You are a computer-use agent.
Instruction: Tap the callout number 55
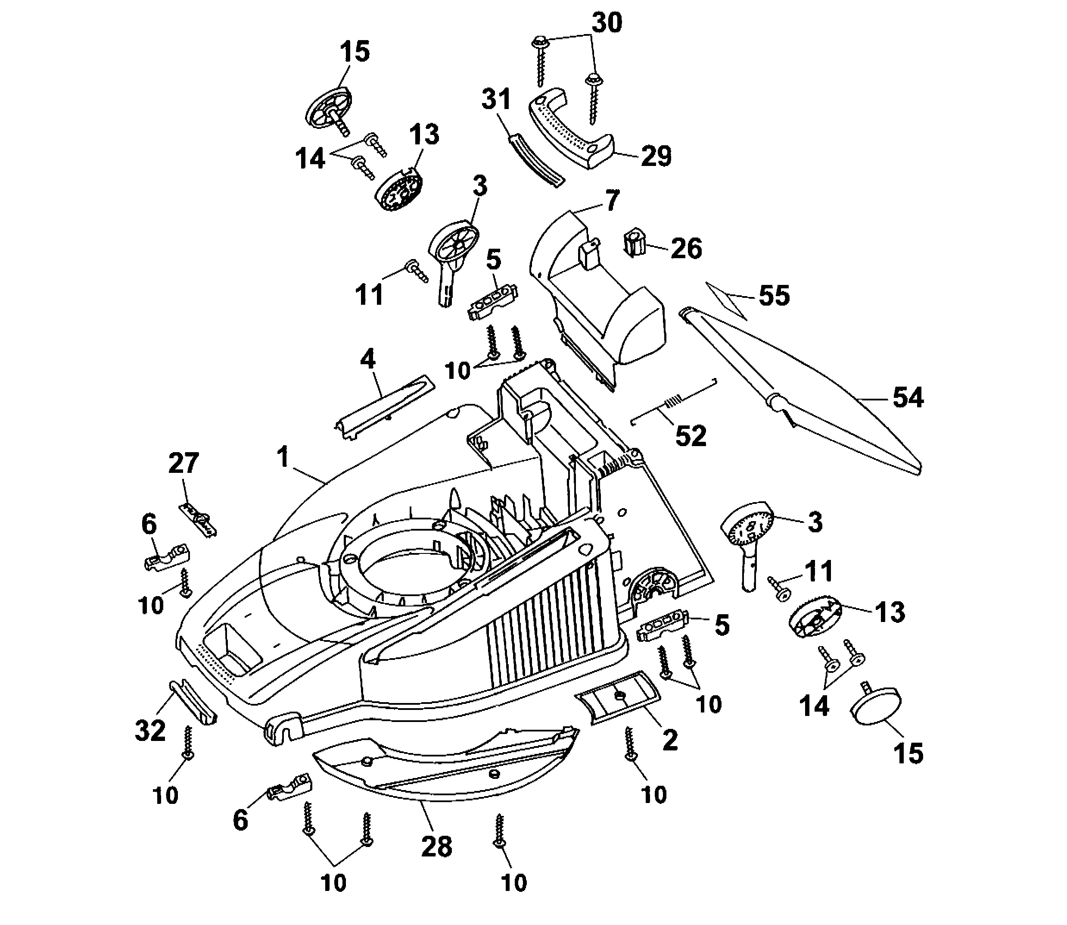click(x=774, y=296)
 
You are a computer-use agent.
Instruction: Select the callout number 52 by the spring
click(x=691, y=436)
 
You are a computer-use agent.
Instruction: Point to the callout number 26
click(x=686, y=249)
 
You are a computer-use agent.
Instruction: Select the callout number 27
click(x=183, y=463)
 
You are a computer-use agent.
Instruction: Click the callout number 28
click(x=436, y=847)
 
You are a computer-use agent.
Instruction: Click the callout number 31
click(x=496, y=99)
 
